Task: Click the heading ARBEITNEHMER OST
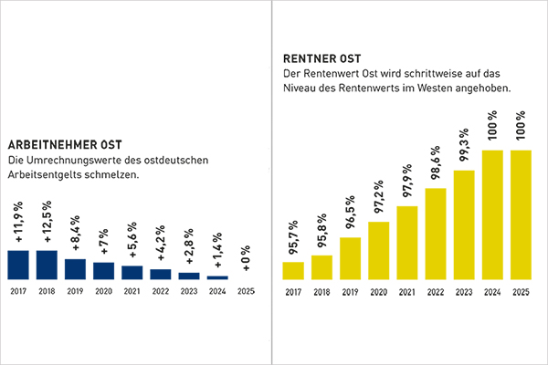[65, 145]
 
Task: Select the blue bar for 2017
[18, 264]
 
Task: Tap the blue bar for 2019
[75, 268]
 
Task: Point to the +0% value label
[247, 259]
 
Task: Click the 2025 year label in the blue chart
[247, 293]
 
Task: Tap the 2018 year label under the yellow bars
[321, 293]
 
